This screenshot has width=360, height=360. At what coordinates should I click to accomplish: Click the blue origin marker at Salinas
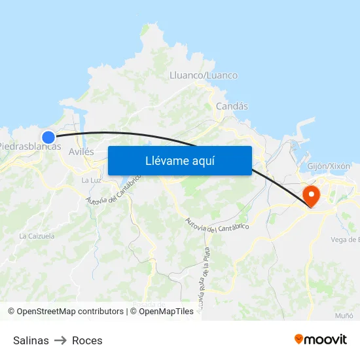[48, 137]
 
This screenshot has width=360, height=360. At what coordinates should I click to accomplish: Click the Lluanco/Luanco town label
[204, 75]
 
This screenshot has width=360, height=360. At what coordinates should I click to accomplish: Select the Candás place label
[232, 106]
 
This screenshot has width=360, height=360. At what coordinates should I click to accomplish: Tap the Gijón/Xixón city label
[333, 166]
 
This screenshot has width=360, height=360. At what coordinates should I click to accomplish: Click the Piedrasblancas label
[29, 147]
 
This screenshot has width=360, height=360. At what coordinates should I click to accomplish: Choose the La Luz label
[91, 180]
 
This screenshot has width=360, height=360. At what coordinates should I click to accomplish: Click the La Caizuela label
[37, 236]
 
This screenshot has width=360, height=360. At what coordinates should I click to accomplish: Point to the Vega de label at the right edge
[345, 240]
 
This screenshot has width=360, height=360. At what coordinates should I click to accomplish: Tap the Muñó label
[344, 315]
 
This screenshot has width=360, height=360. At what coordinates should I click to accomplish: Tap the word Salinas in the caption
[31, 340]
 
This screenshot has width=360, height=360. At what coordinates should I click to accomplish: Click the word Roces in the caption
[87, 340]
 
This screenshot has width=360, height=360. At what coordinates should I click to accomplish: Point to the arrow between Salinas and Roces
[60, 340]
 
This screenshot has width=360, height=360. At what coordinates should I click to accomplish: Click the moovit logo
[320, 339]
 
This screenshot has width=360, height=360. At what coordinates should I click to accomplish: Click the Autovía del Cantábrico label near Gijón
[217, 225]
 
